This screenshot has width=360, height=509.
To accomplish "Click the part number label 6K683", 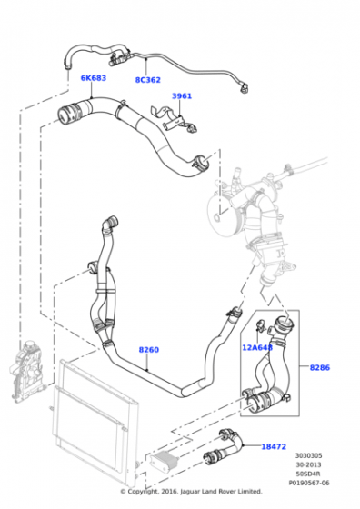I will [93, 78].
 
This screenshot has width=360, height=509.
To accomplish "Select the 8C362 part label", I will [148, 80].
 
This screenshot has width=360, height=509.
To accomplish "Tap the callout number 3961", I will [182, 96].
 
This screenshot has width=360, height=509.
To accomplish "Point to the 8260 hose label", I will [148, 349].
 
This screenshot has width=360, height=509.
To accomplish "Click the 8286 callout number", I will [320, 368].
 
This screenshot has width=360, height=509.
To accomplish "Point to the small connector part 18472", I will [223, 445].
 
